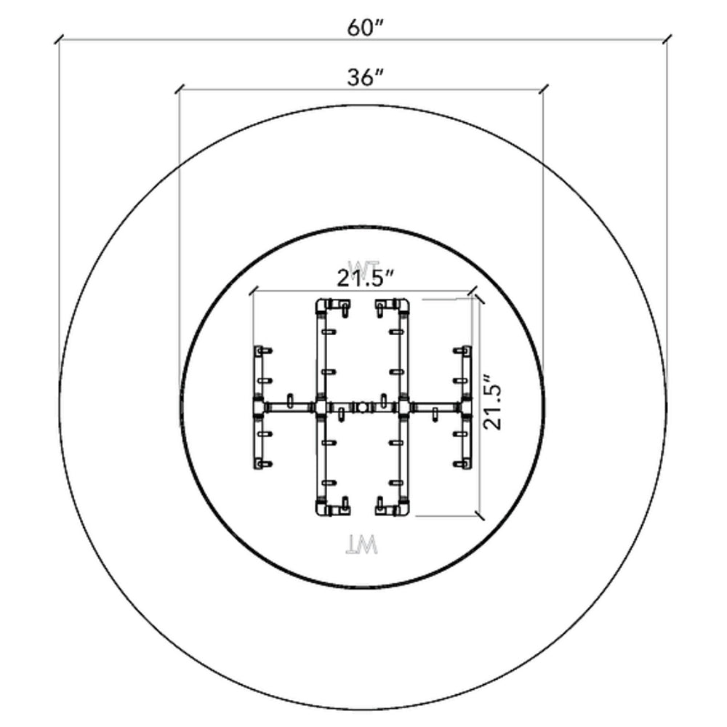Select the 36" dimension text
click(x=361, y=78)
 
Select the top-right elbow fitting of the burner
click(x=402, y=305)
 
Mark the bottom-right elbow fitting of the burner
click(x=402, y=507)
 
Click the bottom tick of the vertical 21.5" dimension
click(x=478, y=515)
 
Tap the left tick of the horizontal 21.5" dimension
click(x=253, y=292)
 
